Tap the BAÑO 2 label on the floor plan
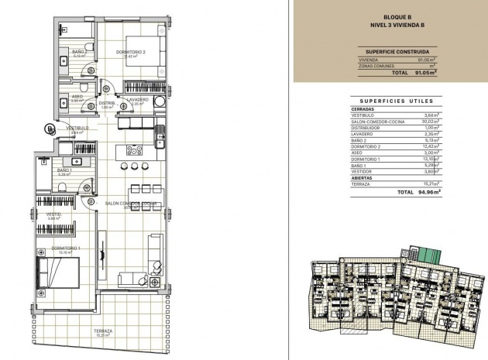tap(79, 52)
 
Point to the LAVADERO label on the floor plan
tap(138, 100)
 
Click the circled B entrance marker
tap(50, 129)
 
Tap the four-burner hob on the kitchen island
tap(134, 150)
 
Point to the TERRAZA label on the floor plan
tap(105, 331)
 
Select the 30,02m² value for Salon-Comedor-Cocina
tap(429, 121)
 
